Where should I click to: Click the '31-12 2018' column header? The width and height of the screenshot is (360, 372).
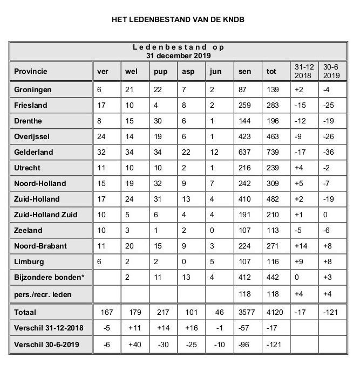coord(303,71)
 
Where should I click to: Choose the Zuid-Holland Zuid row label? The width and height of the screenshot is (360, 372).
coord(46,215)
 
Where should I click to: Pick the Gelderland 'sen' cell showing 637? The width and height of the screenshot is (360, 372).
coord(244,152)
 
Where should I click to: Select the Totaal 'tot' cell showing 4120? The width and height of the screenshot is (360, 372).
coord(275,312)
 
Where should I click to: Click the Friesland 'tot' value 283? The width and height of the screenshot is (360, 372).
coord(273,105)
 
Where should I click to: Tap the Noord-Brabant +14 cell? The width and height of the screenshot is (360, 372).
coord(301,246)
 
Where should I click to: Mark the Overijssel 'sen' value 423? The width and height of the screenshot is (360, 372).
coord(244,136)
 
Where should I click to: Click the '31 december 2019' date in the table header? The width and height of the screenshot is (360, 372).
coord(179,55)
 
